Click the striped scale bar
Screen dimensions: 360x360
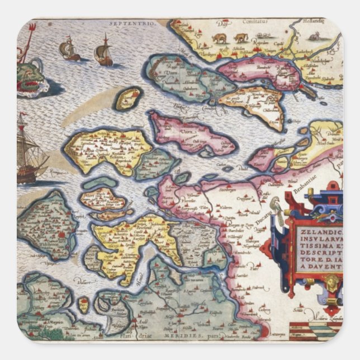pyautogui.click(x=326, y=329)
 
